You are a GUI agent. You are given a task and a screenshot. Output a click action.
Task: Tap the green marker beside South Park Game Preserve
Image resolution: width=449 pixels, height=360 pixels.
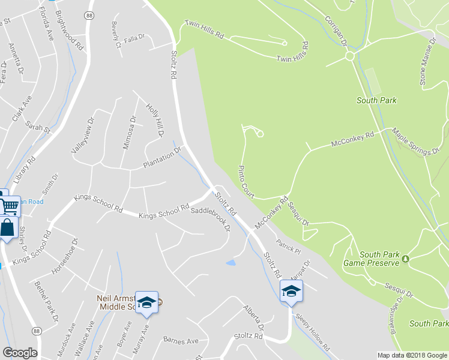pyautogui.click(x=405, y=259)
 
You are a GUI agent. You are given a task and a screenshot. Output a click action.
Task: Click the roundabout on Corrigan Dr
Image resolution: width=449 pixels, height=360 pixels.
pyautogui.click(x=349, y=56)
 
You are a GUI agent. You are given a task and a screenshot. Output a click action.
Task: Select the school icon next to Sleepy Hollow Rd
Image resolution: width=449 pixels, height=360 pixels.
pyautogui.click(x=291, y=291)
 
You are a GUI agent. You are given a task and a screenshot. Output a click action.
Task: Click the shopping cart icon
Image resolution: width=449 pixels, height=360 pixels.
pyautogui.click(x=9, y=206)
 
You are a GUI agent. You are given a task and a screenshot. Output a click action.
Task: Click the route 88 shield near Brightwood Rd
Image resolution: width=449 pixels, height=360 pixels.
pyautogui.click(x=89, y=16)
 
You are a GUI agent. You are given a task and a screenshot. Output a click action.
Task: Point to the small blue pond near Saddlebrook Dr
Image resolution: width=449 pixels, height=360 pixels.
pyautogui.click(x=231, y=263)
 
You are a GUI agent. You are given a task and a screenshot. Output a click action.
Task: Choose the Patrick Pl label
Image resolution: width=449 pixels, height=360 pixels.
pyautogui.click(x=288, y=245)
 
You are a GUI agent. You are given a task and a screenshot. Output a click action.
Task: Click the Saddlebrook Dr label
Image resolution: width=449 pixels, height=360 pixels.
pyautogui.click(x=211, y=219)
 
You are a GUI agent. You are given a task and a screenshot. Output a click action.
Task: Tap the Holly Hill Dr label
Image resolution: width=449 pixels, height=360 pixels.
pyautogui.click(x=155, y=119)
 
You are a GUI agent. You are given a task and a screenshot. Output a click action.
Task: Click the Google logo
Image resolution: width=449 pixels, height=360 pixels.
pyautogui.click(x=20, y=353)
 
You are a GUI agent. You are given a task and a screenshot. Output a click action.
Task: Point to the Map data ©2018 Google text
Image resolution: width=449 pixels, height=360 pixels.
pyautogui.click(x=412, y=355)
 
